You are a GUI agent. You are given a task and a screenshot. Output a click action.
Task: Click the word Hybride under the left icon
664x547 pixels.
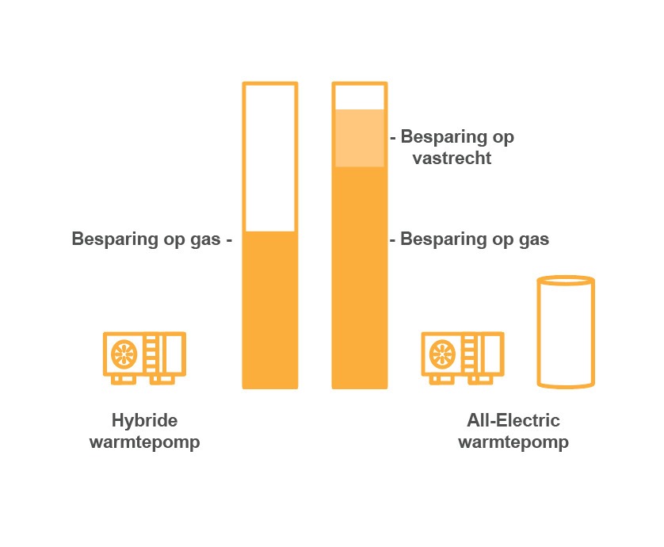(144, 420)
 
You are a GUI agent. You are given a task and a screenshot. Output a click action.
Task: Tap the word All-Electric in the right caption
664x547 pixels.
(513, 420)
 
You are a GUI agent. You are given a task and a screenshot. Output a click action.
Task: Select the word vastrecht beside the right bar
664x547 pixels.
(452, 158)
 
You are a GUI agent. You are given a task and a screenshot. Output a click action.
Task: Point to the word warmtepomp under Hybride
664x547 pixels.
(144, 442)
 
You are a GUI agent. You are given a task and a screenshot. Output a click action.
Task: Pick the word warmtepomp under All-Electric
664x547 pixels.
(513, 442)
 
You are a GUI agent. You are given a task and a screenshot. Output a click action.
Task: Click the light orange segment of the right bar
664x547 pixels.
(360, 138)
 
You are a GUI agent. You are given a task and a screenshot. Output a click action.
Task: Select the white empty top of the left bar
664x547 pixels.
(270, 157)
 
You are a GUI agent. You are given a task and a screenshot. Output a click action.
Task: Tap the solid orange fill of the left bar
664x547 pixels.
(270, 309)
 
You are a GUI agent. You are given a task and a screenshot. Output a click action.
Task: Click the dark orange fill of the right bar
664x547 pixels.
(360, 277)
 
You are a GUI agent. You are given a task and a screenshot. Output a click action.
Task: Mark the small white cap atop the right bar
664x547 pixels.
(360, 96)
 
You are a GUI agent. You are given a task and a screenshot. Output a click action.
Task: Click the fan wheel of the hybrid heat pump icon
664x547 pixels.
(124, 353)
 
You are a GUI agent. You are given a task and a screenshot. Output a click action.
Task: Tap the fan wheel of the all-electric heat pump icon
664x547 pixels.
(441, 353)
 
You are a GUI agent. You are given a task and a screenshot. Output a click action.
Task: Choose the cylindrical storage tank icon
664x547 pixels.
(566, 333)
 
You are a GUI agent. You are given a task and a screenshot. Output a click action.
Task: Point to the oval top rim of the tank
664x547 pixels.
(566, 280)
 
